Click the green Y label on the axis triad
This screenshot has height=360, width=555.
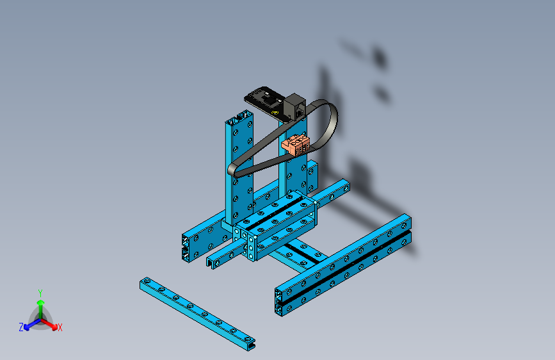coord(40,292)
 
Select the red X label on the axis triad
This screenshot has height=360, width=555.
coord(60,327)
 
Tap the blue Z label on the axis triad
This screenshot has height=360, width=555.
coord(20,327)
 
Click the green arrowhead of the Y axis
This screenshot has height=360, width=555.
coord(40,302)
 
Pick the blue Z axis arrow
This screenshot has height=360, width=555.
coord(29,325)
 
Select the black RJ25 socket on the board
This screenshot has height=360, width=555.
coord(296,106)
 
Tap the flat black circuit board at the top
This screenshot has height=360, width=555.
coord(264,99)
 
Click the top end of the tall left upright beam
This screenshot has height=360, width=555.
coord(239,119)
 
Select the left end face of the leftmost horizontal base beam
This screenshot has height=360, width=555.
coord(186,247)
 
